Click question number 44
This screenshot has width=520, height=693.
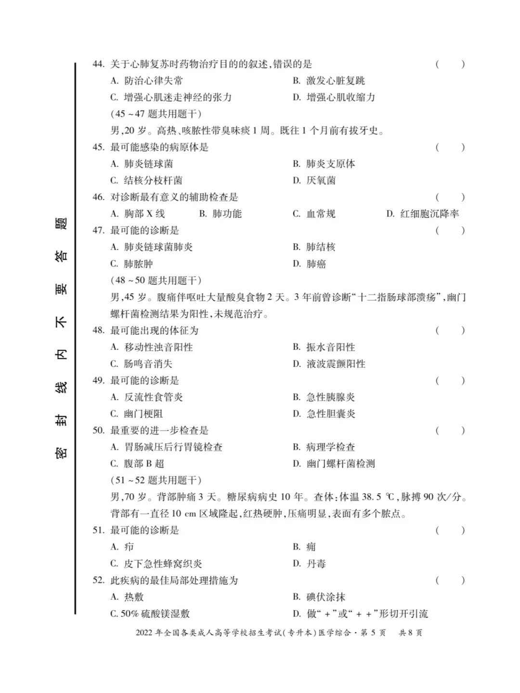coord(98,64)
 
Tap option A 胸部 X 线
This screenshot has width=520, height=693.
coord(138,214)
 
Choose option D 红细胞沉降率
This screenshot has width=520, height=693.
coord(423,214)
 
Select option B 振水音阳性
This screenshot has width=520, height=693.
coord(324,347)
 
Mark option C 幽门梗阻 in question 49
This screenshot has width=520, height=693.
coord(137,414)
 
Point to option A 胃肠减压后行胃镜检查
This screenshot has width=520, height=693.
coord(167,447)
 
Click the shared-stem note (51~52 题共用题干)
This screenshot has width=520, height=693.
coord(156,480)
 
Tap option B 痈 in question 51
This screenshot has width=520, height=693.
coord(304,547)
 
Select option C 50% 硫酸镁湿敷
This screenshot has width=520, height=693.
coord(150,614)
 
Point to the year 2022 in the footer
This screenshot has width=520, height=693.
coord(144,633)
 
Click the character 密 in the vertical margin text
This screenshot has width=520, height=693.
coord(61,453)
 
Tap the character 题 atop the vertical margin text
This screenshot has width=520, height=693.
coord(61,223)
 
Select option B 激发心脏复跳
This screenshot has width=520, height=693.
coord(329,81)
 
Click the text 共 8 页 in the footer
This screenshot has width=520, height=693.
coord(410,633)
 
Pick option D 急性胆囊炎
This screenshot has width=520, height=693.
coord(324,414)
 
